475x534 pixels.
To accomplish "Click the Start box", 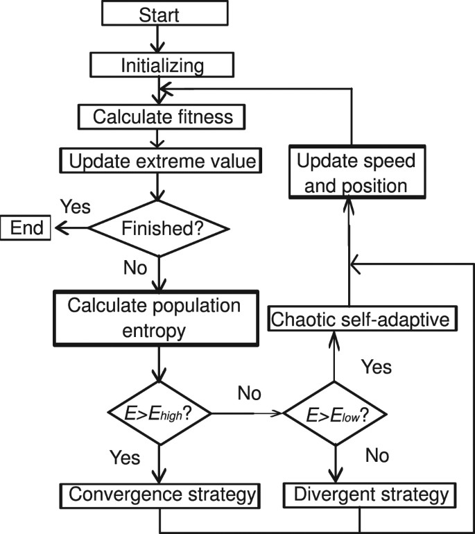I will pyautogui.click(x=160, y=14).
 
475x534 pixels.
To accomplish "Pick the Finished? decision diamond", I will pyautogui.click(x=160, y=227).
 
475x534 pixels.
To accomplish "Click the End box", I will pyautogui.click(x=26, y=227).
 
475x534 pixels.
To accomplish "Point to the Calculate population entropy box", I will pyautogui.click(x=160, y=317).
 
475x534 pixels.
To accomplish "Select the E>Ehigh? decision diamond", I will pyautogui.click(x=160, y=413).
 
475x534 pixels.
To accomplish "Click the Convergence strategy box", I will pyautogui.click(x=160, y=496).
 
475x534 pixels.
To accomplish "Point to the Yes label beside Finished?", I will pyautogui.click(x=76, y=207).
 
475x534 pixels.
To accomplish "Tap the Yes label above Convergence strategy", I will pyautogui.click(x=126, y=458).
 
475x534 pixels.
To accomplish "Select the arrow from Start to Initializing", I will pyautogui.click(x=160, y=40).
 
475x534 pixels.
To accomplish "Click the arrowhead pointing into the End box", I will pyautogui.click(x=60, y=227).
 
